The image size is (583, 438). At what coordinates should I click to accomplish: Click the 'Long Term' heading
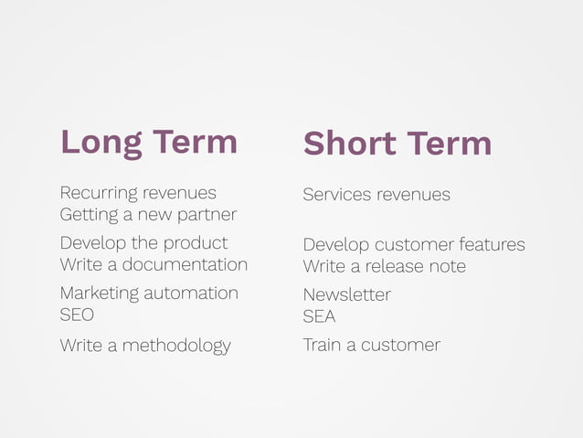[x=148, y=142]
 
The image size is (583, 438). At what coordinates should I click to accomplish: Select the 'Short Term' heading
[x=397, y=143]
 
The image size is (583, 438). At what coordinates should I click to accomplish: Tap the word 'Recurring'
[x=99, y=193]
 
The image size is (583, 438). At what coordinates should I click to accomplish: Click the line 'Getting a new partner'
[x=147, y=215]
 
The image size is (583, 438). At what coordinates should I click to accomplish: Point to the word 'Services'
[x=337, y=195]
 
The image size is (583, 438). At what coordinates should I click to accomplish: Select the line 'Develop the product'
[x=143, y=243]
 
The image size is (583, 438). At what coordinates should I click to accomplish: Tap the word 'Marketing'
[x=100, y=294]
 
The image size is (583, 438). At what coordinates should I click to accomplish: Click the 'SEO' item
[x=77, y=315]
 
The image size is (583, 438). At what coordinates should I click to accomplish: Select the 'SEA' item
[x=319, y=316]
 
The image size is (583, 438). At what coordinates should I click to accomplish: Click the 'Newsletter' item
[x=346, y=294]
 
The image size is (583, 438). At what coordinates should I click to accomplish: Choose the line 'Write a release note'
[x=384, y=266]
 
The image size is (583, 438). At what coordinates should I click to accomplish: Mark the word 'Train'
[x=322, y=345]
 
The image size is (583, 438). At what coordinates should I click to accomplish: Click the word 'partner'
[x=207, y=215]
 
